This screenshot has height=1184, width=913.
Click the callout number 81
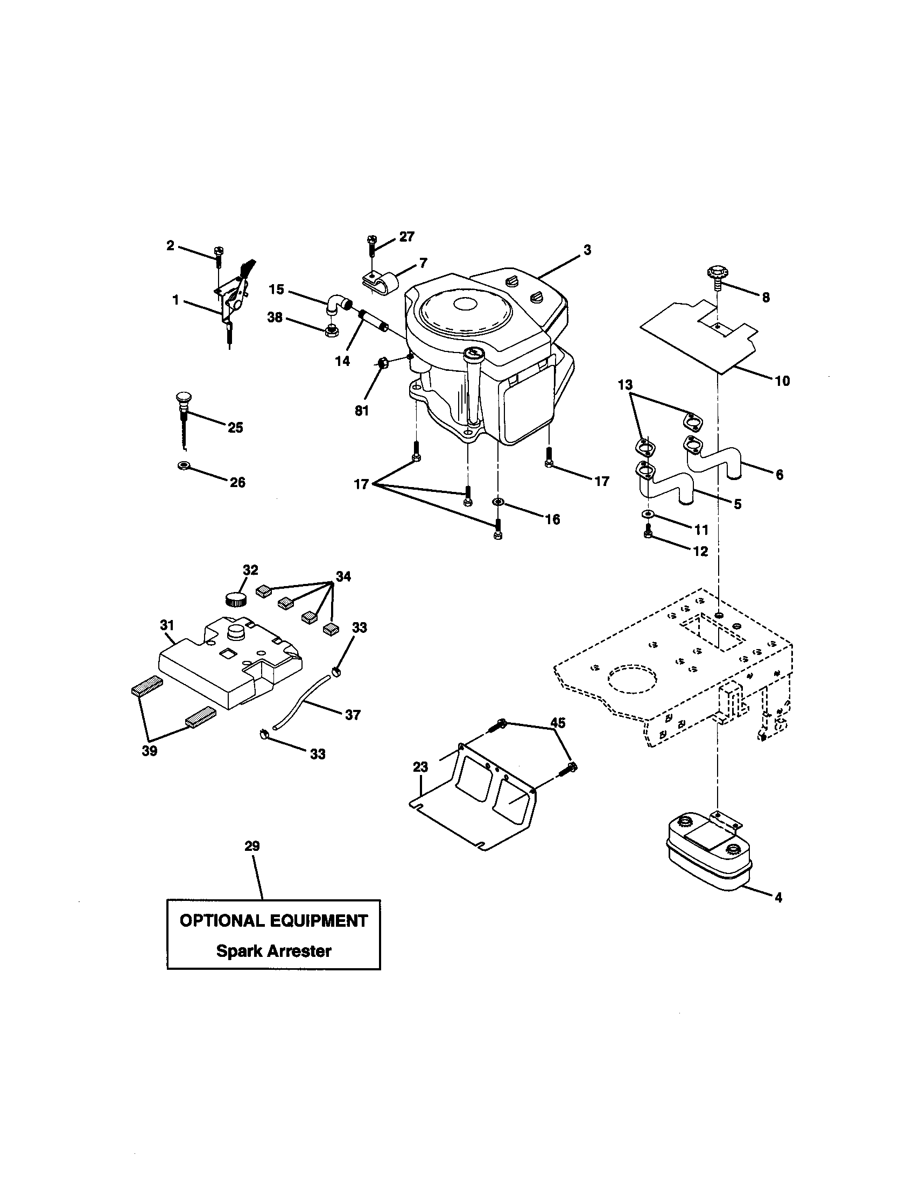(361, 411)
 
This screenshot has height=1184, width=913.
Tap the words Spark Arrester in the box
(274, 950)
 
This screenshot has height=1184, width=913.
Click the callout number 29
(252, 845)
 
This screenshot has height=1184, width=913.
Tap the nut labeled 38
(329, 331)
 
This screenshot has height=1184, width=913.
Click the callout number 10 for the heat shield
(782, 381)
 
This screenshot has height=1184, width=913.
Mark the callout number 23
(420, 766)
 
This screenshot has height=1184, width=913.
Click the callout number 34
(343, 576)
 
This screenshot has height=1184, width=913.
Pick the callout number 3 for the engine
(587, 250)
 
